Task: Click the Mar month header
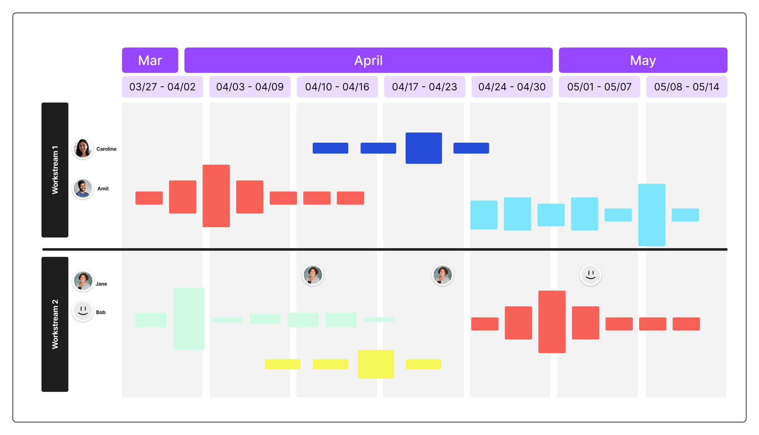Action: coord(150,60)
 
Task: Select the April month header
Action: coord(368,60)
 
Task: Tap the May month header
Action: coord(643,60)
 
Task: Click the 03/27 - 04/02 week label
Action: coord(162,87)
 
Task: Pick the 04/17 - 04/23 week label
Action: coord(424,87)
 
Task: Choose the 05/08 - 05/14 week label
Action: coord(687,87)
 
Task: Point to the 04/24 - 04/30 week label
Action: coord(512,87)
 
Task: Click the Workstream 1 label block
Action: coord(55,170)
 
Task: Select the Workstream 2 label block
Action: coord(55,324)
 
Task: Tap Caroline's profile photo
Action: coord(83,148)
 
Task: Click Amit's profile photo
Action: coord(83,188)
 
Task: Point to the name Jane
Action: coord(101,284)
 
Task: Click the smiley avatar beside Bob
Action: coord(83,311)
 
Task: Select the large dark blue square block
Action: coord(424,148)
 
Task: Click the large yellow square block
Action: coord(376,364)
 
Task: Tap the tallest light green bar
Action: coord(189,318)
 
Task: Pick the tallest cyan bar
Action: coord(652,215)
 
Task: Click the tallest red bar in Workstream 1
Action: coord(216,196)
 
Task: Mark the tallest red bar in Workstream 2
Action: coord(552,322)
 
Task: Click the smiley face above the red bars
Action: coord(591,274)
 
